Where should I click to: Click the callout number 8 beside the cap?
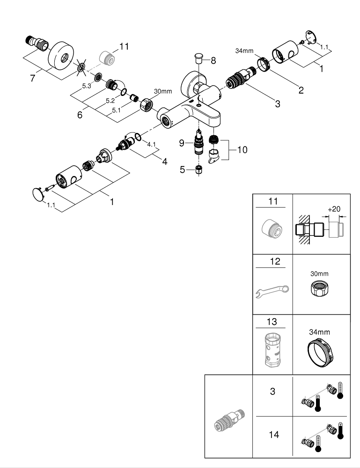coord(213,60)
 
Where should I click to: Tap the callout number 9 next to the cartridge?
coord(182,143)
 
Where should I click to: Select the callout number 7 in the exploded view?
coord(33,78)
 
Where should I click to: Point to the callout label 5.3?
coord(87,86)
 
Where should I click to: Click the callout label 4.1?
coord(151,145)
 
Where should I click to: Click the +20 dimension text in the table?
coord(333,209)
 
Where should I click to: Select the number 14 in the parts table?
coord(274,435)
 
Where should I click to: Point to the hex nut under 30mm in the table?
coord(320,290)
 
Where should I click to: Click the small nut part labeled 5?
coord(198,169)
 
